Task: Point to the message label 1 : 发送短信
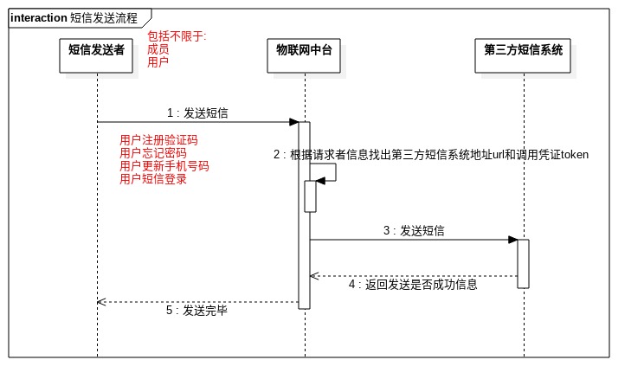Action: pyautogui.click(x=198, y=113)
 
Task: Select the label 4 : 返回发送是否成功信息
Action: pyautogui.click(x=413, y=284)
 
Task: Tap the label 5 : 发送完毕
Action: pyautogui.click(x=196, y=310)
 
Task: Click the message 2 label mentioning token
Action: pyautogui.click(x=430, y=155)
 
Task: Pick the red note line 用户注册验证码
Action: pyautogui.click(x=158, y=140)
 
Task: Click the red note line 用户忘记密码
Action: pyautogui.click(x=152, y=153)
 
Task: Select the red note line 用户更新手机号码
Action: pyautogui.click(x=164, y=166)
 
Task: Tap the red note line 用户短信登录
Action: pyautogui.click(x=152, y=179)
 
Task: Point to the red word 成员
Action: pyautogui.click(x=158, y=49)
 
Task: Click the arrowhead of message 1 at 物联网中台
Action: pyautogui.click(x=294, y=122)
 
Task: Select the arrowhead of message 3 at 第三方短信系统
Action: pyautogui.click(x=513, y=240)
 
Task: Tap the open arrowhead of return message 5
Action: pyautogui.click(x=101, y=302)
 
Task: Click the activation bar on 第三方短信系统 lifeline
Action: pyautogui.click(x=523, y=263)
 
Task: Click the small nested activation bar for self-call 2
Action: pyautogui.click(x=310, y=196)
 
